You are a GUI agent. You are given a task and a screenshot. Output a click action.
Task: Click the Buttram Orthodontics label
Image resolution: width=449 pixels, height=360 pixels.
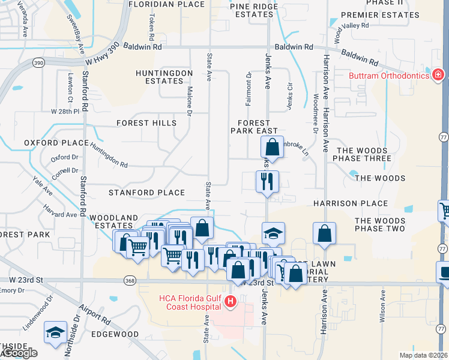coord(389,76)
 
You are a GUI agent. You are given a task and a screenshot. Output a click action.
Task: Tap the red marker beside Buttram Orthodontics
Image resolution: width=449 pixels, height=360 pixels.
coord(438,75)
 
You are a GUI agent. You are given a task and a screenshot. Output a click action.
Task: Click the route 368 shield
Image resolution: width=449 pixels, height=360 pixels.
coord(130,281)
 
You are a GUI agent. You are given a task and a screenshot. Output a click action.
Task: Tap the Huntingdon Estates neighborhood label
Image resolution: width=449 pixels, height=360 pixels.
coord(164,77)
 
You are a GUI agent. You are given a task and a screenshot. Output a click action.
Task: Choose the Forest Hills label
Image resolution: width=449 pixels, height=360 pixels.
coord(146,123)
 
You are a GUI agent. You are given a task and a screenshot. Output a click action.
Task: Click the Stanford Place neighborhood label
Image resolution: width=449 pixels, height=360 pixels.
coord(146,193)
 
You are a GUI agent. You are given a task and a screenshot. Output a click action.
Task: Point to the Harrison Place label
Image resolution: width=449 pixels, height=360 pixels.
coord(351,203)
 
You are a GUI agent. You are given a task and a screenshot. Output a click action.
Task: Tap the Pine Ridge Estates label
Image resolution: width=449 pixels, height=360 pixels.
coord(255,10)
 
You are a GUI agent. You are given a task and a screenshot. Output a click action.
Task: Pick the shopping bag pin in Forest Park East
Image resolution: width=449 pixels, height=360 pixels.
coord(272,146)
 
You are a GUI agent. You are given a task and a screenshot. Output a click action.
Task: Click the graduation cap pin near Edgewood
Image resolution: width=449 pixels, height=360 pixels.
coord(55,332)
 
